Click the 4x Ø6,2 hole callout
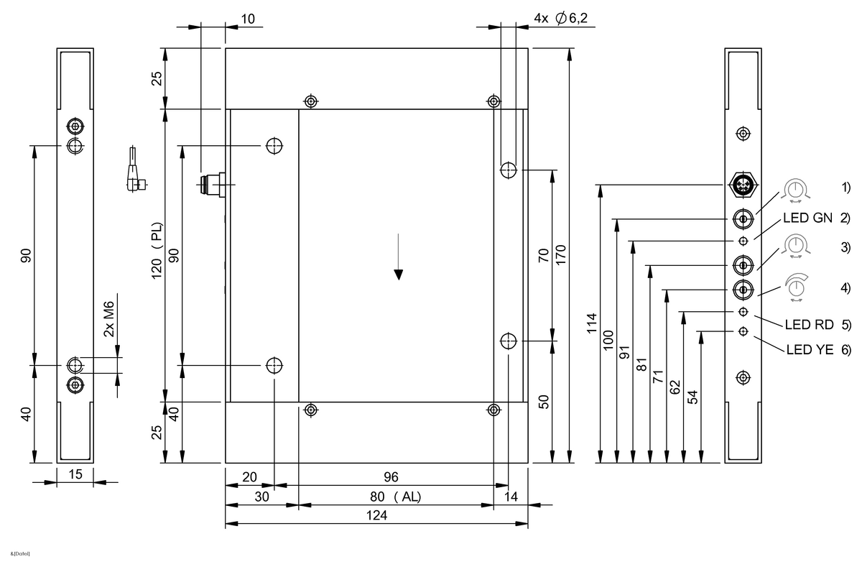pyautogui.click(x=561, y=18)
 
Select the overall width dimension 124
pyautogui.click(x=376, y=515)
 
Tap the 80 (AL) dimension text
pyautogui.click(x=396, y=497)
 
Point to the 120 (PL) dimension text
pyautogui.click(x=157, y=251)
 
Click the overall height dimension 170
pyautogui.click(x=561, y=254)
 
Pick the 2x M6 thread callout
pyautogui.click(x=109, y=319)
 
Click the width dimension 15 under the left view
pyautogui.click(x=75, y=474)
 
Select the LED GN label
pyautogui.click(x=807, y=218)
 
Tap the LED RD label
pyautogui.click(x=810, y=325)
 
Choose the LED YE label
pyautogui.click(x=810, y=349)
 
